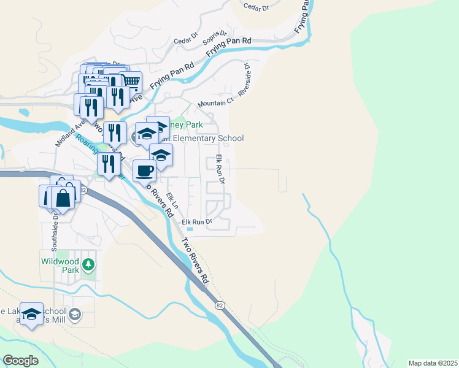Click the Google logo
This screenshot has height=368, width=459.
(x=20, y=361)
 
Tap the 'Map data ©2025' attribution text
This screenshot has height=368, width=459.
(x=433, y=363)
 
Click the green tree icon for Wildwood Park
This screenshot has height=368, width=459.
(x=90, y=264)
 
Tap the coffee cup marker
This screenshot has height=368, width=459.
(x=144, y=171)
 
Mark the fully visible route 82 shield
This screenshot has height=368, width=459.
(x=220, y=304)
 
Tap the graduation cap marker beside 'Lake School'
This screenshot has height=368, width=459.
(x=31, y=314)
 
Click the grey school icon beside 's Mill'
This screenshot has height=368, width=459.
(x=74, y=315)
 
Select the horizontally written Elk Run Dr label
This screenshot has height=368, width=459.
(x=196, y=221)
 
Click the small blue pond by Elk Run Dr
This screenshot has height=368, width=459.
(x=189, y=231)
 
